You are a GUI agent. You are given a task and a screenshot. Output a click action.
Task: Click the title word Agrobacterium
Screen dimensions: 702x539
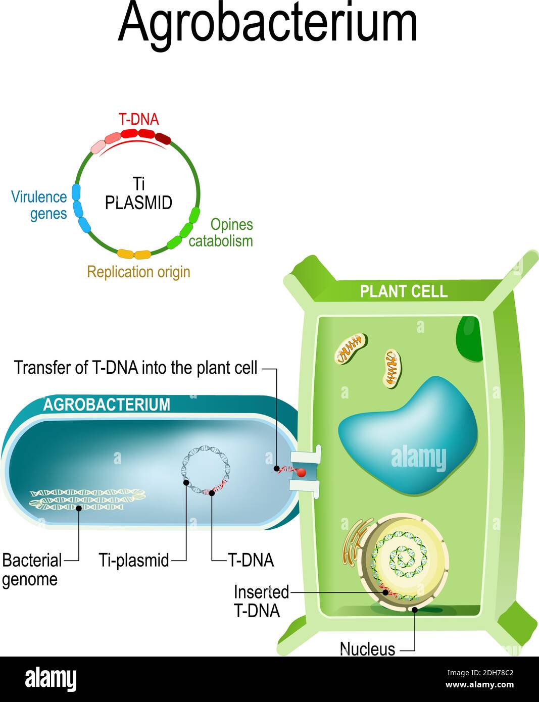pos(268,23)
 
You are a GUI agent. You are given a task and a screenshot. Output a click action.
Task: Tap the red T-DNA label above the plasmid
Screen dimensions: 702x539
pos(138,119)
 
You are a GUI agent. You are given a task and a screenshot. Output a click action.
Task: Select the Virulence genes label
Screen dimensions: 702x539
pos(39,205)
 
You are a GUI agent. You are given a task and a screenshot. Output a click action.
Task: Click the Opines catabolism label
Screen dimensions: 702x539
pos(221,232)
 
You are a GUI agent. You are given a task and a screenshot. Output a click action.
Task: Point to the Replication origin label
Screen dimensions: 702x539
pos(138,272)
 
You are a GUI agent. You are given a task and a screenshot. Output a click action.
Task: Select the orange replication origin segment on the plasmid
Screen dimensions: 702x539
pos(134,254)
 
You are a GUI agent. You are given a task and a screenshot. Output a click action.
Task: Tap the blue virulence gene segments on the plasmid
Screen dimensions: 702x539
pos(80,208)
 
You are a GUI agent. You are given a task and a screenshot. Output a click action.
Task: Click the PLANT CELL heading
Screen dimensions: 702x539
pos(403,291)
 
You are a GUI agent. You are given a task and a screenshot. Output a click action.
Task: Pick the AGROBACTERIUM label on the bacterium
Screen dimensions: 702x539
pos(107,405)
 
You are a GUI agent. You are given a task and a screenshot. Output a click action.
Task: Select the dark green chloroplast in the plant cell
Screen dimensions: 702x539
pos(469,339)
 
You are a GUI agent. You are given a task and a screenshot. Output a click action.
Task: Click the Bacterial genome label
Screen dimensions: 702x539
pos(31,569)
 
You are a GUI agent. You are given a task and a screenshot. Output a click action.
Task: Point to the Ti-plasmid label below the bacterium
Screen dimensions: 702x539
pos(134,560)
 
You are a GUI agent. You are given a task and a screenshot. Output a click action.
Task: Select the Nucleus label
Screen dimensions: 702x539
pos(367,648)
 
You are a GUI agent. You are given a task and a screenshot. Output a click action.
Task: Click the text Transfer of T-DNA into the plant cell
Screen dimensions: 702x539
pos(136,368)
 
